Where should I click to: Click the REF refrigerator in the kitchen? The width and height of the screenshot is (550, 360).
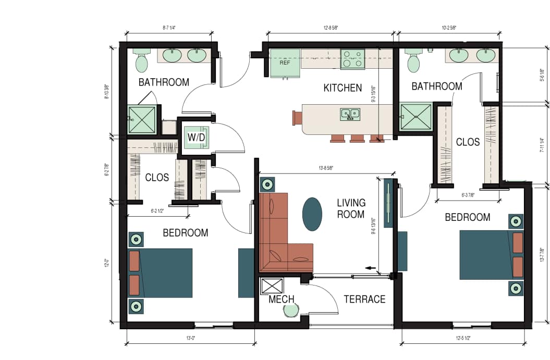pos(285,63)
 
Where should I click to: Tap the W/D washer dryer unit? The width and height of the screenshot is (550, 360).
pos(197,138)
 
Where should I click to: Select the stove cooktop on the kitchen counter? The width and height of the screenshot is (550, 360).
pos(352,59)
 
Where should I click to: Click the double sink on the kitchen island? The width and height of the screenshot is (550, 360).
pos(350,114)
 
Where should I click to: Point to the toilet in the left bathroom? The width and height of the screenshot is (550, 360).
pos(141,61)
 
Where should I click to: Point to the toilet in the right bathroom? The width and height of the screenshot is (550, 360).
pos(413,61)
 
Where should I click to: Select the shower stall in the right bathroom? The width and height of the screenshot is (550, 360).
pos(416,117)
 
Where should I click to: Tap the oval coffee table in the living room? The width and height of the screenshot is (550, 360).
pos(312,214)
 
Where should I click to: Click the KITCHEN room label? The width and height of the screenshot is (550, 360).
pos(343,88)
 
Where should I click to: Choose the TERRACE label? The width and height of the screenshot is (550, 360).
pos(364,299)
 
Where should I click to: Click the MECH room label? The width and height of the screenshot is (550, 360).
pos(282,300)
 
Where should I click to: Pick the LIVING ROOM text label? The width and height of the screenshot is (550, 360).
pos(351,208)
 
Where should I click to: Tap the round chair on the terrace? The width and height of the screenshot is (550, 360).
pos(291,311)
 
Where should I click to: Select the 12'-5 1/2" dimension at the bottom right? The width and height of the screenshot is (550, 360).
pos(463,338)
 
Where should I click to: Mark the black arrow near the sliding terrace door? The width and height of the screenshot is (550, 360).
pos(371,268)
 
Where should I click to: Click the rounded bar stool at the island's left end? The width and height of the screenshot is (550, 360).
pos(297,117)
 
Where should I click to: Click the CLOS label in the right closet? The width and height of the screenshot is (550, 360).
pos(467,142)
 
